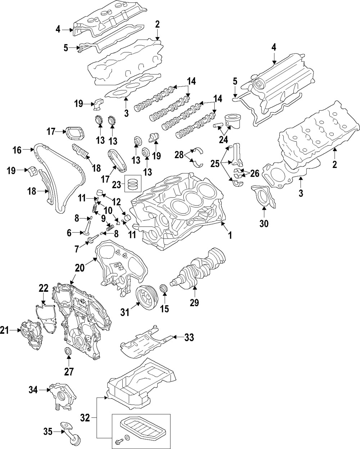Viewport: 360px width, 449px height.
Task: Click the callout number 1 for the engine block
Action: pyautogui.click(x=229, y=235)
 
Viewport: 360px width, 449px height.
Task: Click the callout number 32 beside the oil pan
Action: pyautogui.click(x=85, y=418)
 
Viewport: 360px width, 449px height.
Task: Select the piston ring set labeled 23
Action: pyautogui.click(x=131, y=184)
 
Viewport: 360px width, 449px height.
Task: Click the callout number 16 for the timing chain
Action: pyautogui.click(x=17, y=150)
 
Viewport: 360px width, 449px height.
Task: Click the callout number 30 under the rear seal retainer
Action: pyautogui.click(x=264, y=224)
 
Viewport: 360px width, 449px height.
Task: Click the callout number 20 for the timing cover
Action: pyautogui.click(x=79, y=268)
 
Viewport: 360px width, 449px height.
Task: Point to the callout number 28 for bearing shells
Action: pyautogui.click(x=179, y=155)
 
